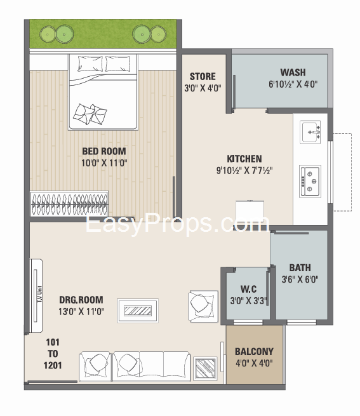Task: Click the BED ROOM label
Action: pyautogui.click(x=104, y=151)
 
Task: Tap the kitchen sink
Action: pyautogui.click(x=310, y=132)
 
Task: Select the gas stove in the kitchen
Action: pyautogui.click(x=310, y=182)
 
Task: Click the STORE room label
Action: pyautogui.click(x=203, y=76)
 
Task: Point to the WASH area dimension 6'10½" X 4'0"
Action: pyautogui.click(x=293, y=84)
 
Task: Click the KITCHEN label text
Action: pyautogui.click(x=244, y=159)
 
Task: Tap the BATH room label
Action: pyautogui.click(x=300, y=267)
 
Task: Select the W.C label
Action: pyautogui.click(x=248, y=289)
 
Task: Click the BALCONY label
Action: pyautogui.click(x=254, y=351)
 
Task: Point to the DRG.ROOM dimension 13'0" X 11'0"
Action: pyautogui.click(x=81, y=311)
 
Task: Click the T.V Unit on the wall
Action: pyautogui.click(x=36, y=295)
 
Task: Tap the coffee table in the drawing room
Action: pyautogui.click(x=138, y=311)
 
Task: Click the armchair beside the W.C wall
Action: pyautogui.click(x=203, y=306)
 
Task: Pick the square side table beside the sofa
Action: pyautogui.click(x=205, y=368)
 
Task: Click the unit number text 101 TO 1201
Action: pyautogui.click(x=53, y=354)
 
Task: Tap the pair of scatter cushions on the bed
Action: pyautogui.click(x=90, y=114)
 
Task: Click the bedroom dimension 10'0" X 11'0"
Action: pyautogui.click(x=104, y=163)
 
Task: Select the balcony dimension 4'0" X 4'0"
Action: pyautogui.click(x=254, y=363)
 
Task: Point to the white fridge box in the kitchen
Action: pyautogui.click(x=250, y=212)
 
